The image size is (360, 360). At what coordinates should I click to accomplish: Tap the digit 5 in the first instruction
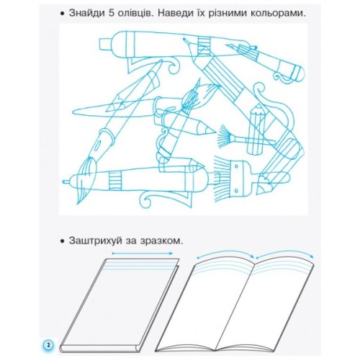point(117,14)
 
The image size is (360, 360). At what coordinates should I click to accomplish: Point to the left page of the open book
point(216,302)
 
